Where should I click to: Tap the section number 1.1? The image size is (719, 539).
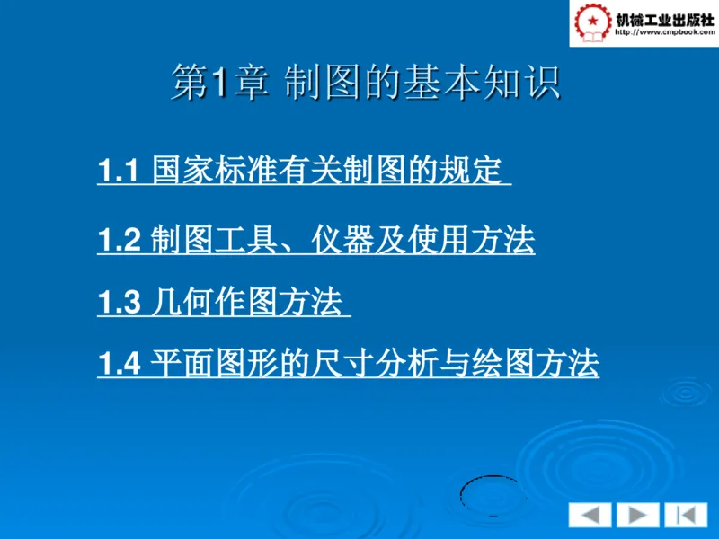click(116, 171)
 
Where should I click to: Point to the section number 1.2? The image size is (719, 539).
click(116, 241)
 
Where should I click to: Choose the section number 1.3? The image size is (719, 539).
click(116, 304)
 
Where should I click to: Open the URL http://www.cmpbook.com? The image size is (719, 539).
click(664, 34)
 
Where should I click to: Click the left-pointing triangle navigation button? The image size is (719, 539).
click(590, 515)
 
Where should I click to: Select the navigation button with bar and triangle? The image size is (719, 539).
click(686, 515)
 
